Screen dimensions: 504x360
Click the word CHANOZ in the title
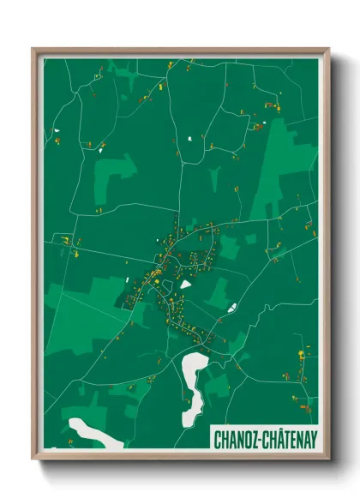point(236,437)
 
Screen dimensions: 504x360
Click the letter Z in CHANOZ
point(252,437)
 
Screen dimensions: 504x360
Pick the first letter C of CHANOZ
point(218,437)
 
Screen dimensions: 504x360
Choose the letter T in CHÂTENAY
point(281,437)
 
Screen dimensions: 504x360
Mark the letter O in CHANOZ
point(245,437)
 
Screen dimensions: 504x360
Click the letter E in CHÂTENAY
point(288,437)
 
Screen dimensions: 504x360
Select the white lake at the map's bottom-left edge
point(93,430)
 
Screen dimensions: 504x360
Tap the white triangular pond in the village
point(185,283)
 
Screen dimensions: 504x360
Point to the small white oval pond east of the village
point(231,307)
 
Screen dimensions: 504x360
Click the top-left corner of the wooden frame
point(33,49)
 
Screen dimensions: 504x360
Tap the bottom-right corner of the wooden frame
point(328,458)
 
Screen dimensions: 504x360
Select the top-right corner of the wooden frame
point(328,49)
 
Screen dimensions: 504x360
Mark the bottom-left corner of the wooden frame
point(33,458)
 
